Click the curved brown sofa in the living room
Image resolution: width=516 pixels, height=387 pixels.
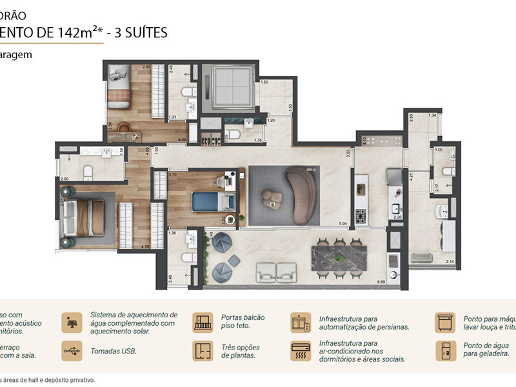pyautogui.click(x=303, y=193)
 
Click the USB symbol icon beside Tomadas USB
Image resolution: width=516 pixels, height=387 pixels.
pyautogui.click(x=71, y=352)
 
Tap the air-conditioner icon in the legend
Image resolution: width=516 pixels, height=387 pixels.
pyautogui.click(x=299, y=352)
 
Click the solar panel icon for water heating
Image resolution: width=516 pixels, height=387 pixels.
pyautogui.click(x=71, y=322)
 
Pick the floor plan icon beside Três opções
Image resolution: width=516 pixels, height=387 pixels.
pyautogui.click(x=203, y=352)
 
